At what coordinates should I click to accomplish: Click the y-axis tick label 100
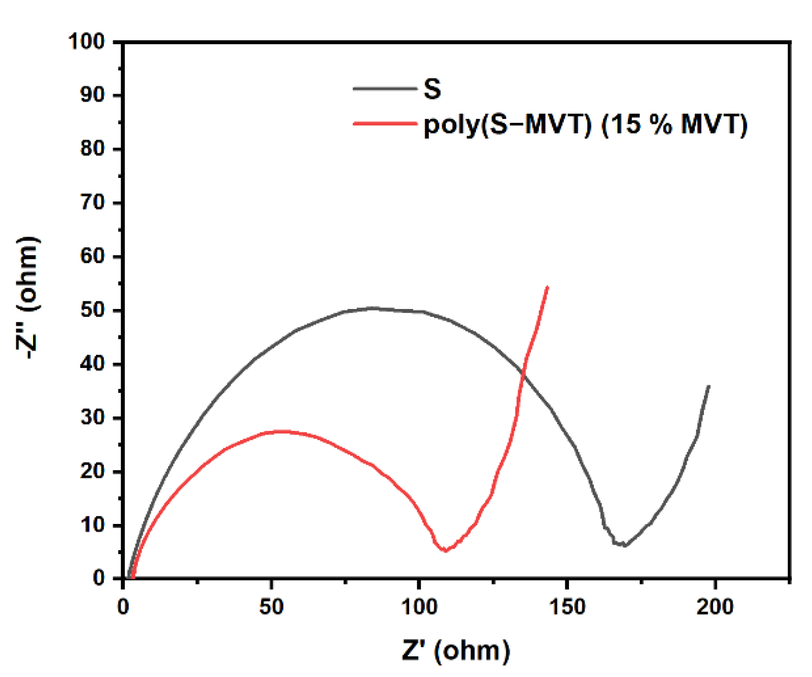87,42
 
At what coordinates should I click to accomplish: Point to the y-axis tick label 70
92,203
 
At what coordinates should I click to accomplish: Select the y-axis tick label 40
92,364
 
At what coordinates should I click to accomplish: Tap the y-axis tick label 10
92,525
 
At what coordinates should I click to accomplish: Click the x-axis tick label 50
271,607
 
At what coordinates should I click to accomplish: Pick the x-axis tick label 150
568,607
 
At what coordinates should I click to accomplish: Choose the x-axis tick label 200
715,607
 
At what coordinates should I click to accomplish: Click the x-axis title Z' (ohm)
456,651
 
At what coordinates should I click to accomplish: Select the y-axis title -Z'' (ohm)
27,297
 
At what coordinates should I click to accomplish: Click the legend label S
432,89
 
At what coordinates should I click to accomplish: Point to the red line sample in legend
385,124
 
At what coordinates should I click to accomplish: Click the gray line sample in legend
385,88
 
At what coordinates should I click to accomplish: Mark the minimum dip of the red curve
446,551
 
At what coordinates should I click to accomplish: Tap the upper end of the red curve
547,287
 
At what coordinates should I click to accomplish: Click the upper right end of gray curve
709,386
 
